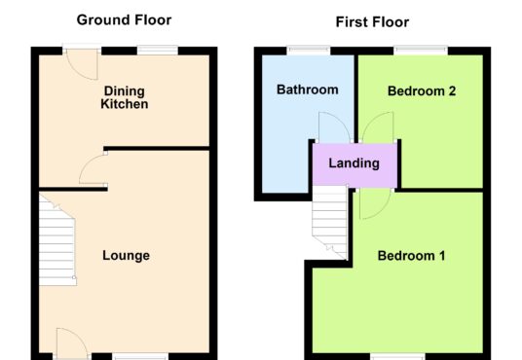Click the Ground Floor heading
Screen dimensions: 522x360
click(x=124, y=20)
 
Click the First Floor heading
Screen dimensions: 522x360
click(x=372, y=22)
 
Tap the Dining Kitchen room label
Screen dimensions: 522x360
click(x=125, y=97)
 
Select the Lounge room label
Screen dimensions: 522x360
click(x=127, y=256)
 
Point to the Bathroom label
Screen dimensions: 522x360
click(x=308, y=90)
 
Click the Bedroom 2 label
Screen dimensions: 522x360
click(x=422, y=91)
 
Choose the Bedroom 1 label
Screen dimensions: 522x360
click(x=412, y=256)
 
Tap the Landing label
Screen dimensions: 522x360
click(x=354, y=163)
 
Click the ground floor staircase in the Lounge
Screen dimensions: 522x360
click(x=57, y=240)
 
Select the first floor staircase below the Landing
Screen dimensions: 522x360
click(x=330, y=222)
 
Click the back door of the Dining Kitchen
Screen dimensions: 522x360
click(x=82, y=64)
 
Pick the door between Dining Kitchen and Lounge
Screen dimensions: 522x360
click(x=93, y=169)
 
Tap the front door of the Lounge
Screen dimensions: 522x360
click(x=72, y=343)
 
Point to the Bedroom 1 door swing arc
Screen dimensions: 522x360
click(x=375, y=204)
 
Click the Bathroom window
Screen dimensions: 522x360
click(x=309, y=51)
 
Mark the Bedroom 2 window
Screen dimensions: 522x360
click(x=421, y=51)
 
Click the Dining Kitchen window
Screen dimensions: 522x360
click(x=158, y=51)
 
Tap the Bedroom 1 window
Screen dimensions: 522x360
click(x=397, y=357)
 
